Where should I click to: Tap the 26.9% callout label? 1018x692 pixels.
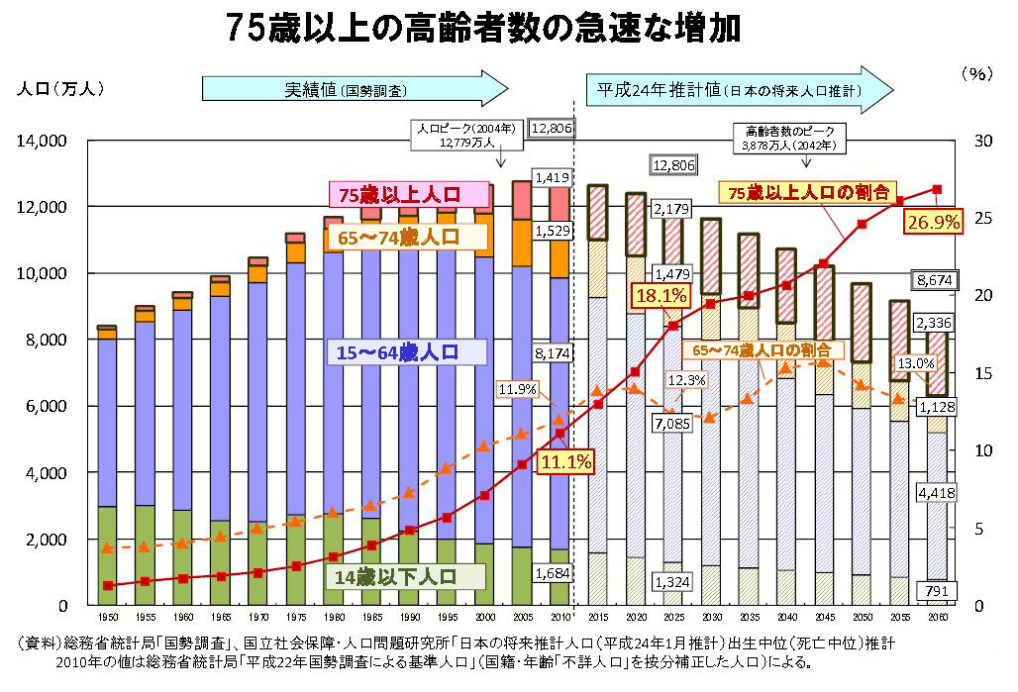[x=933, y=222]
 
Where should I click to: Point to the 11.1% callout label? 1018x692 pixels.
[x=565, y=460]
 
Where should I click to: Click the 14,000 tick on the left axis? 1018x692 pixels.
[x=42, y=141]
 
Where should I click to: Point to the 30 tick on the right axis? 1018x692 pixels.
[x=982, y=141]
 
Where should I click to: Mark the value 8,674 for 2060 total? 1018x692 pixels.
[x=932, y=280]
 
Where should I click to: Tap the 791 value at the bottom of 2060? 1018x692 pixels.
[x=933, y=591]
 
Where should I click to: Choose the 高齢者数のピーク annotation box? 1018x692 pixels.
[x=789, y=137]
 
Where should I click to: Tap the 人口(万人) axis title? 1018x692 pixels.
[x=60, y=88]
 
